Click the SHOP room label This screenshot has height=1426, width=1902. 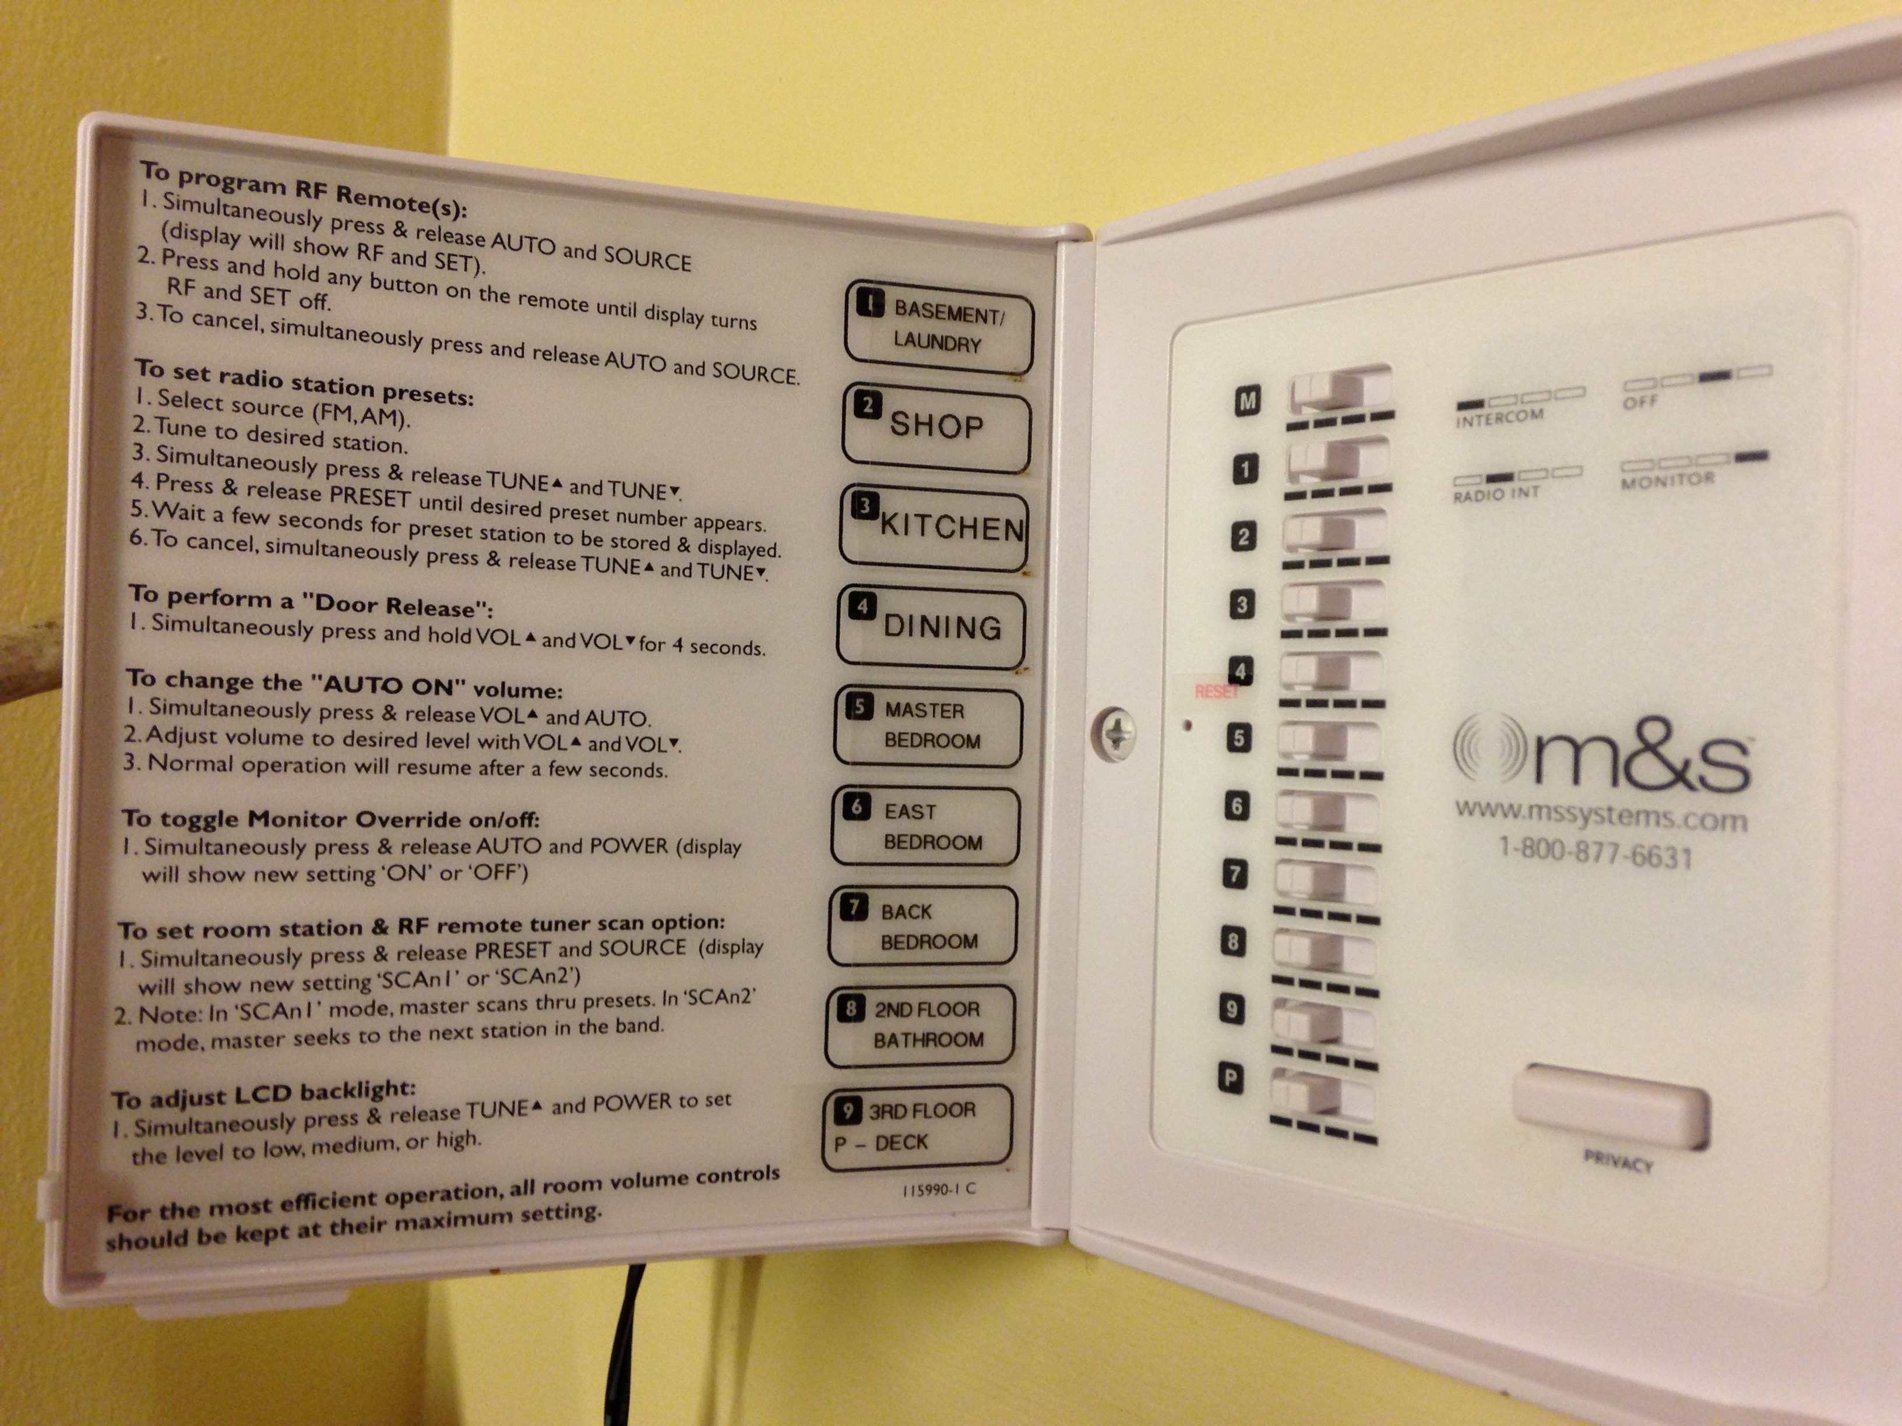click(x=936, y=427)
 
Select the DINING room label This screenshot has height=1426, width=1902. click(x=931, y=627)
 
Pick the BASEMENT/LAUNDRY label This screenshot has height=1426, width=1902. click(x=939, y=327)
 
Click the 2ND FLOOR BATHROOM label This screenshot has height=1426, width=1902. click(x=921, y=1025)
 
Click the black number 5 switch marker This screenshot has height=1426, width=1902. click(x=1239, y=737)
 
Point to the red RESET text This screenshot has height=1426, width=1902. click(x=1216, y=691)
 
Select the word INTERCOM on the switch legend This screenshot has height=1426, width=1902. click(x=1499, y=418)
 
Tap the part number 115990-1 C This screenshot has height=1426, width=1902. click(x=939, y=1189)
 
